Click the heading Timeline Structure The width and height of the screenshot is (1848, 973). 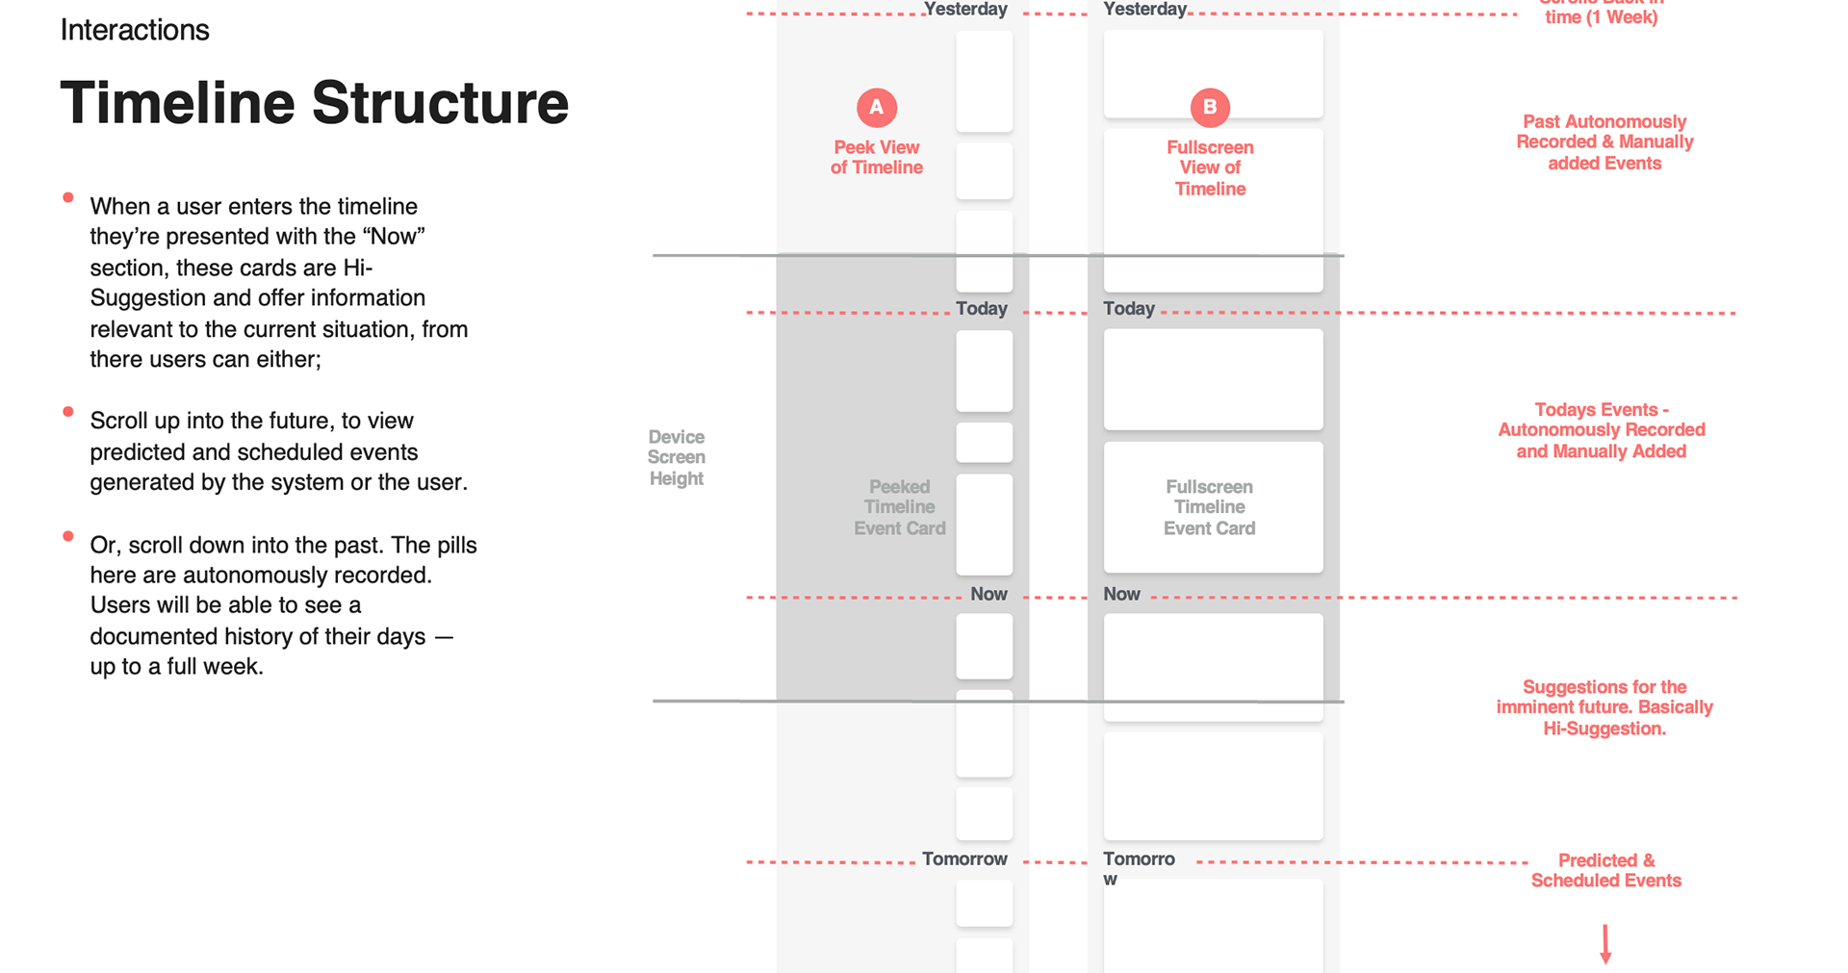click(x=314, y=103)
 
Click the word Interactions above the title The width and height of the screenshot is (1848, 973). click(x=135, y=30)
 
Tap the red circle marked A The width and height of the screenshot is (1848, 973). click(x=877, y=107)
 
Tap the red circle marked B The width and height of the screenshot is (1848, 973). click(x=1210, y=107)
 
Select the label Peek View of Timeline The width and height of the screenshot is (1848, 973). click(x=877, y=157)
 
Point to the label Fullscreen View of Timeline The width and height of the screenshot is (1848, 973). click(x=1210, y=167)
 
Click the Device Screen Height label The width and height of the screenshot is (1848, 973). click(x=677, y=457)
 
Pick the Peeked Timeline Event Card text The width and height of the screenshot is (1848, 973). click(x=899, y=507)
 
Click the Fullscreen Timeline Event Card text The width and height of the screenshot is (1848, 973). click(x=1209, y=507)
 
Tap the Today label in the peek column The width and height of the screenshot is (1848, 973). click(x=982, y=309)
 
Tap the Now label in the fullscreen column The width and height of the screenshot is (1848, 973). click(x=1121, y=595)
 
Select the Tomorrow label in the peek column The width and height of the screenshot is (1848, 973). click(x=964, y=858)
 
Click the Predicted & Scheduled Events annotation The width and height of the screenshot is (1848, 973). click(x=1605, y=870)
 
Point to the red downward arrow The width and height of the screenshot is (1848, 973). click(x=1605, y=944)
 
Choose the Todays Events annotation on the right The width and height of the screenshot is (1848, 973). click(x=1601, y=430)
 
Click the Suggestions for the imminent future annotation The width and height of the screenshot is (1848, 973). click(x=1604, y=707)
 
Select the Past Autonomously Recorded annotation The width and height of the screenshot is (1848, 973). click(x=1604, y=142)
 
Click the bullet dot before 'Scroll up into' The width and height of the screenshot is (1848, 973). click(x=68, y=412)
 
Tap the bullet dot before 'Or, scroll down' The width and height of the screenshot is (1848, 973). click(x=68, y=536)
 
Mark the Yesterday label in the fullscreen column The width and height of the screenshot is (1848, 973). click(x=1144, y=10)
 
